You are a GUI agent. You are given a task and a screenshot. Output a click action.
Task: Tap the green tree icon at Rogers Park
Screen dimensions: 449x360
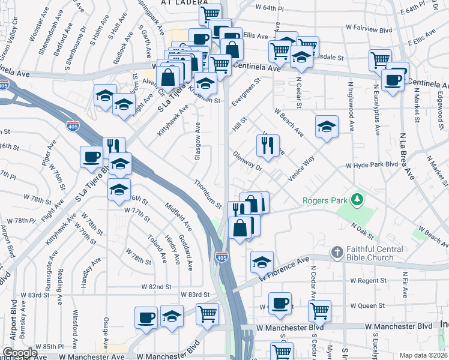point(358,199)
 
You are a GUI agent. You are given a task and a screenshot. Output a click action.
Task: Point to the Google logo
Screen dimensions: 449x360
point(20,353)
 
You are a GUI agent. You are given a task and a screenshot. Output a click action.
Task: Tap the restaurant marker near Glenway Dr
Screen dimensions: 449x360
point(268,145)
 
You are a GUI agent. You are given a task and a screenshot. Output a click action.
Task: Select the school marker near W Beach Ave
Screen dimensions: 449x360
point(327,127)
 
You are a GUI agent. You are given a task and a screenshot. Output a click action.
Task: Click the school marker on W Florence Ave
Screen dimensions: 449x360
point(262,262)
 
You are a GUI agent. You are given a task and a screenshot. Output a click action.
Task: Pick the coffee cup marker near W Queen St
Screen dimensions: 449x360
point(280,303)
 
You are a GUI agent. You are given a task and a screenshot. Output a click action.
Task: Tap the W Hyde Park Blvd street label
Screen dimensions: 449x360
point(372,164)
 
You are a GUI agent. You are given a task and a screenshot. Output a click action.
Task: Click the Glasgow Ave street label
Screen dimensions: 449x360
point(197,142)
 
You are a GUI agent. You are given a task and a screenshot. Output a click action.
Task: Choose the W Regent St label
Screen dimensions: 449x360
point(369,280)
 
